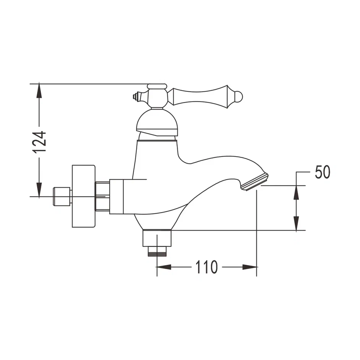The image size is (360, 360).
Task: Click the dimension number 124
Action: pyautogui.click(x=39, y=142)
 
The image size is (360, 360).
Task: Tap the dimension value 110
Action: pyautogui.click(x=206, y=267)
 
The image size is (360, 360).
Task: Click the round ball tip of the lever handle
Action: pyautogui.click(x=238, y=97)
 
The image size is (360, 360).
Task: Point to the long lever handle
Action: pyautogui.click(x=200, y=97)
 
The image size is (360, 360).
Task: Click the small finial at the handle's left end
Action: pyautogui.click(x=135, y=96)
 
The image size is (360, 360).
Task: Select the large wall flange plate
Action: pyautogui.click(x=84, y=196)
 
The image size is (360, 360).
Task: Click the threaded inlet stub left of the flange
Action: pyautogui.click(x=62, y=196)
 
